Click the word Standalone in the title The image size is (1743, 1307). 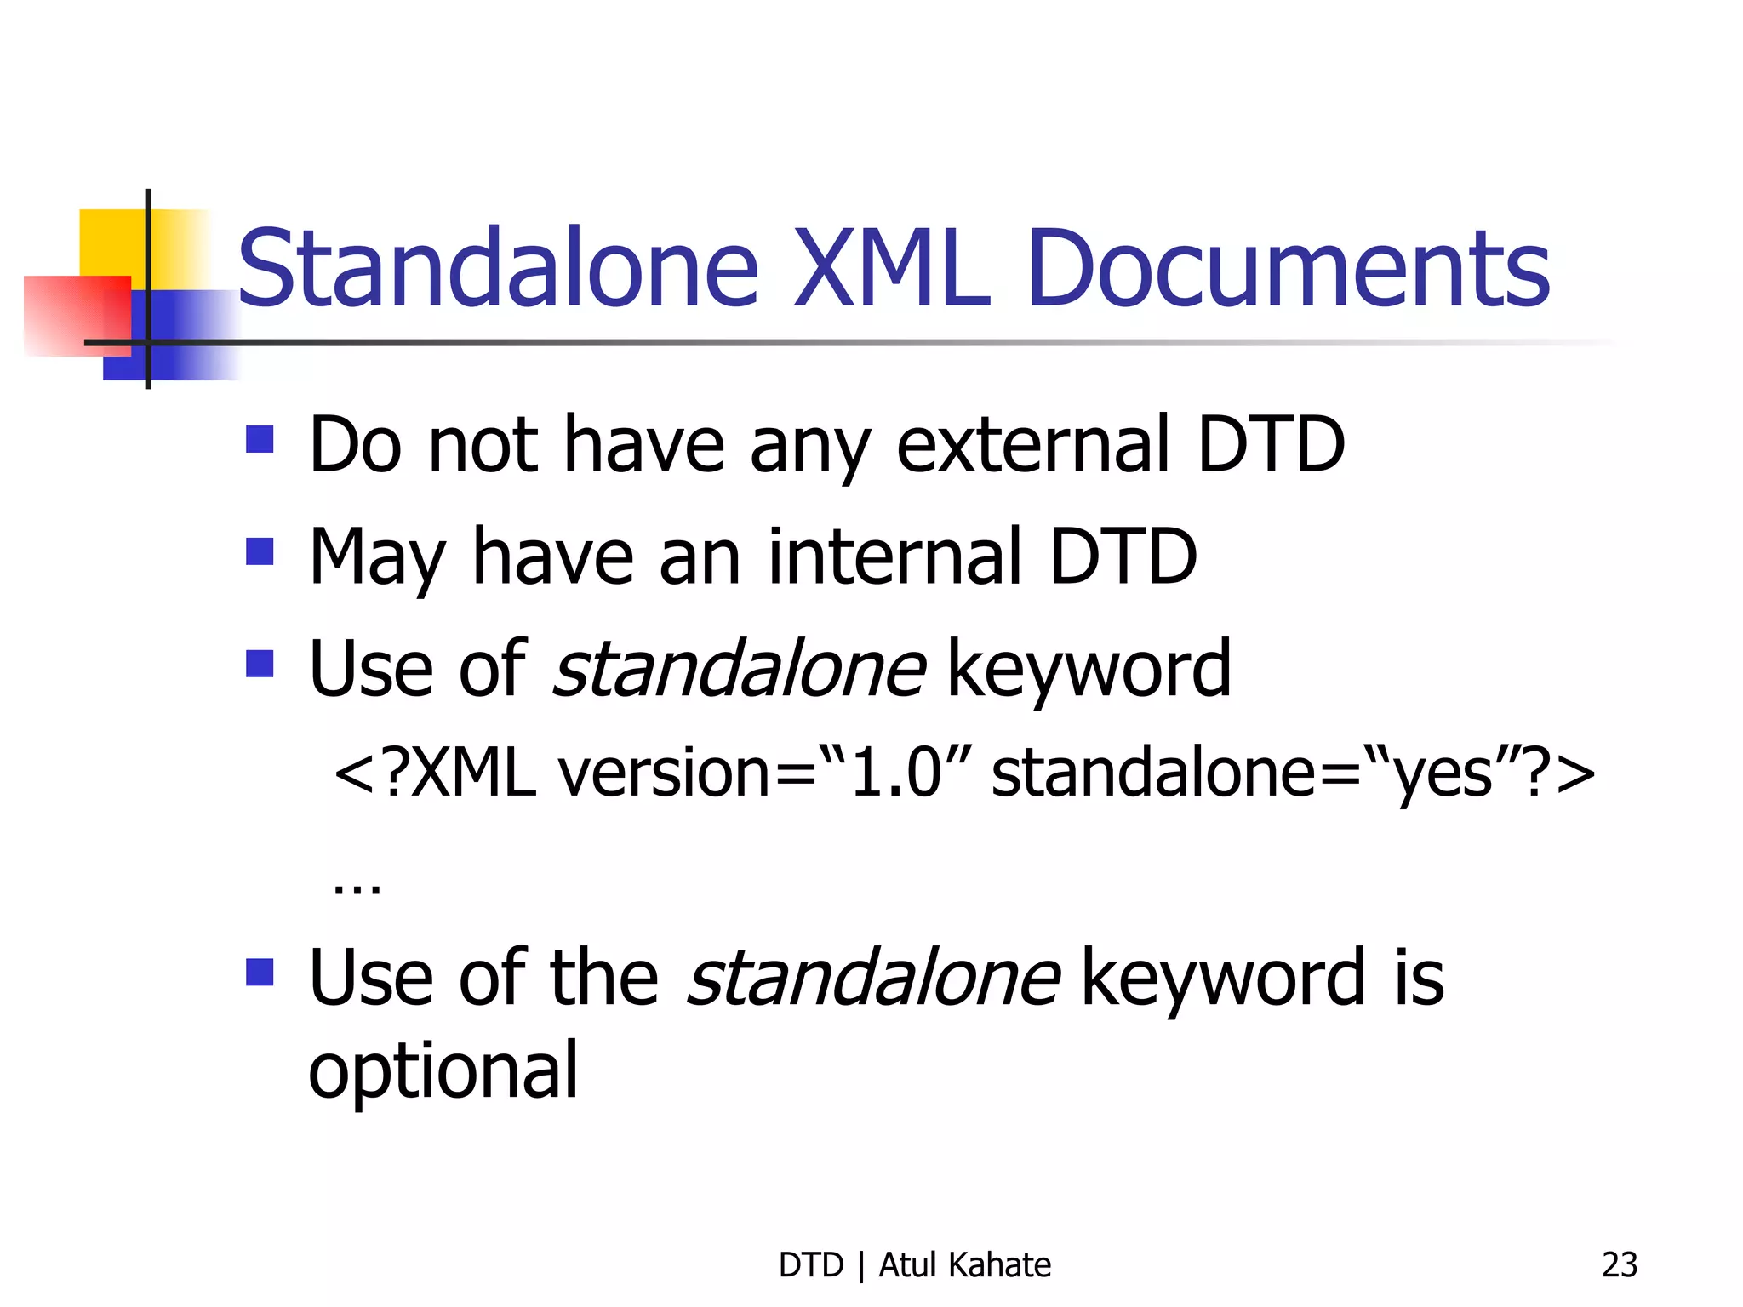coord(498,268)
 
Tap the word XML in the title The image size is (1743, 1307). coord(892,268)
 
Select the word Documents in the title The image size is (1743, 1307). coord(1289,268)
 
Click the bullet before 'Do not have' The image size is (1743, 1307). coord(260,440)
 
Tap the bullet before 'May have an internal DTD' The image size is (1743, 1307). coord(260,551)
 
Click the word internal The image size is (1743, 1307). coord(894,556)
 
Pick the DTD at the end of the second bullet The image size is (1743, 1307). coord(1123,556)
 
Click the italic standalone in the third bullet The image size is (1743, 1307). coord(739,669)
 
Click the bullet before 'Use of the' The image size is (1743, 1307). coord(260,972)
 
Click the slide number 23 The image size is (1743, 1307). coord(1619,1265)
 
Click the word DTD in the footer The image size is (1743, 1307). coord(810,1265)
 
